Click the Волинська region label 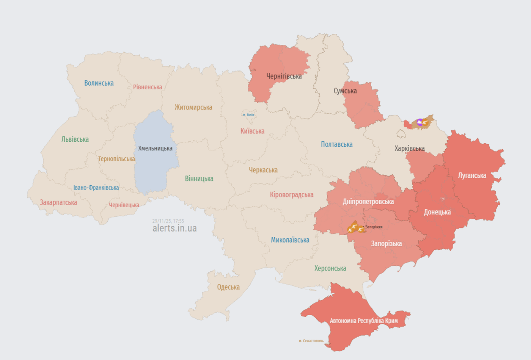99,83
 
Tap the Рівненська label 148,87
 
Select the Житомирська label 193,107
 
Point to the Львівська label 75,139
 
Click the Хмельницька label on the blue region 155,148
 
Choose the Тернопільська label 116,159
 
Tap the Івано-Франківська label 96,188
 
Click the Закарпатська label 58,202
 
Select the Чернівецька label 124,205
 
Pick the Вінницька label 199,178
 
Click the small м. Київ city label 248,115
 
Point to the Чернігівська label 284,76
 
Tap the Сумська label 345,91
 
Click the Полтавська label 336,144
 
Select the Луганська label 472,175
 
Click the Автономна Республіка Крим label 364,321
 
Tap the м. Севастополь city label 311,341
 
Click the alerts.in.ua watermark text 174,228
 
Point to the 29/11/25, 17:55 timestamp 168,221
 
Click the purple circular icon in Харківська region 419,122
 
